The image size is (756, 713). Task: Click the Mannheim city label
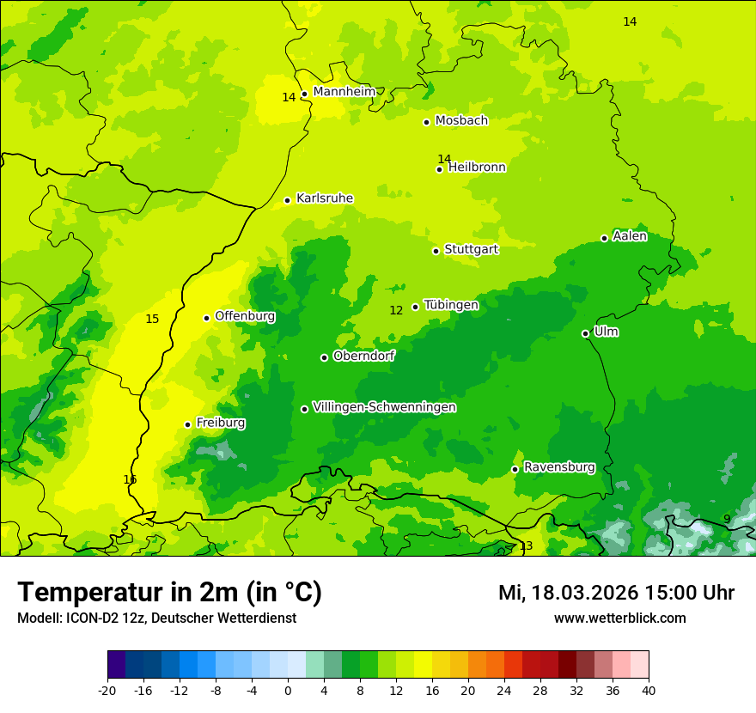tap(344, 92)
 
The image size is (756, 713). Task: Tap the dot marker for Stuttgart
tap(436, 251)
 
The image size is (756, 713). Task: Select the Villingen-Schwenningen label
tap(384, 407)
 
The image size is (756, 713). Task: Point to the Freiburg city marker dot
tap(187, 424)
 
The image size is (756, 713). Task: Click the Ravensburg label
tap(559, 467)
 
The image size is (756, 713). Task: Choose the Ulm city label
tap(606, 332)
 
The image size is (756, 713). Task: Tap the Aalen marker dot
tap(604, 238)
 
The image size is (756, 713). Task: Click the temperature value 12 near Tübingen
tap(396, 310)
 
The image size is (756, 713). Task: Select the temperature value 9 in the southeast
tap(727, 519)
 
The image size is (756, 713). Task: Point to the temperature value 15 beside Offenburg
tap(152, 319)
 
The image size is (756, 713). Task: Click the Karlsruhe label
tap(325, 198)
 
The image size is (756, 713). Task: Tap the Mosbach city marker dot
tap(426, 122)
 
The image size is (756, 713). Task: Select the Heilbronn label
tap(477, 168)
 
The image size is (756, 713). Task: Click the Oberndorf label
tap(364, 356)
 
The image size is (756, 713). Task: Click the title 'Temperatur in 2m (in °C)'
tap(169, 592)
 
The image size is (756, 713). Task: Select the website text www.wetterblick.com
tap(619, 618)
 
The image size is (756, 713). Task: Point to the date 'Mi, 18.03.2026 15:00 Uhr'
tap(616, 593)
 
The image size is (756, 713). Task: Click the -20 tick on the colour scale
tap(107, 690)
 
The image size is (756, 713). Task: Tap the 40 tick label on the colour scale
tap(649, 690)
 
